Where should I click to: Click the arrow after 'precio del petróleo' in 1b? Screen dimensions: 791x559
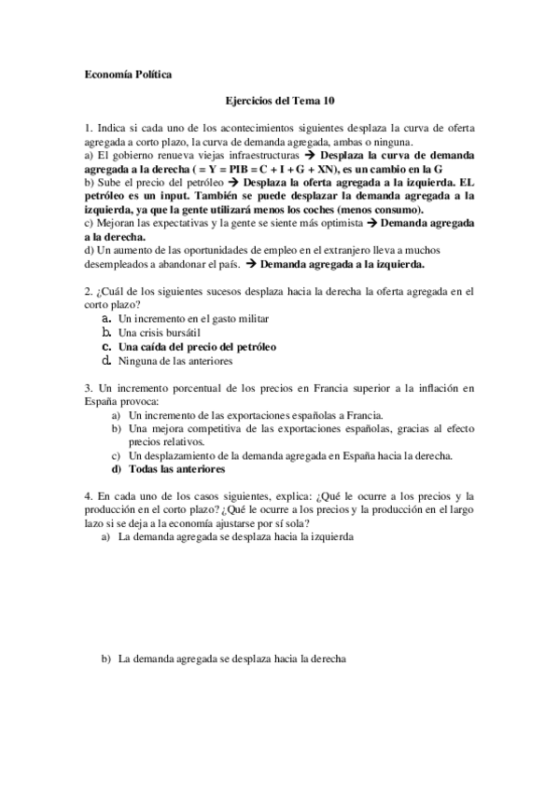230,184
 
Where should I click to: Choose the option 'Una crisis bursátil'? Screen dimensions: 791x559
160,332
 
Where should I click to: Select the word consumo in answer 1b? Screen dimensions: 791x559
396,210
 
